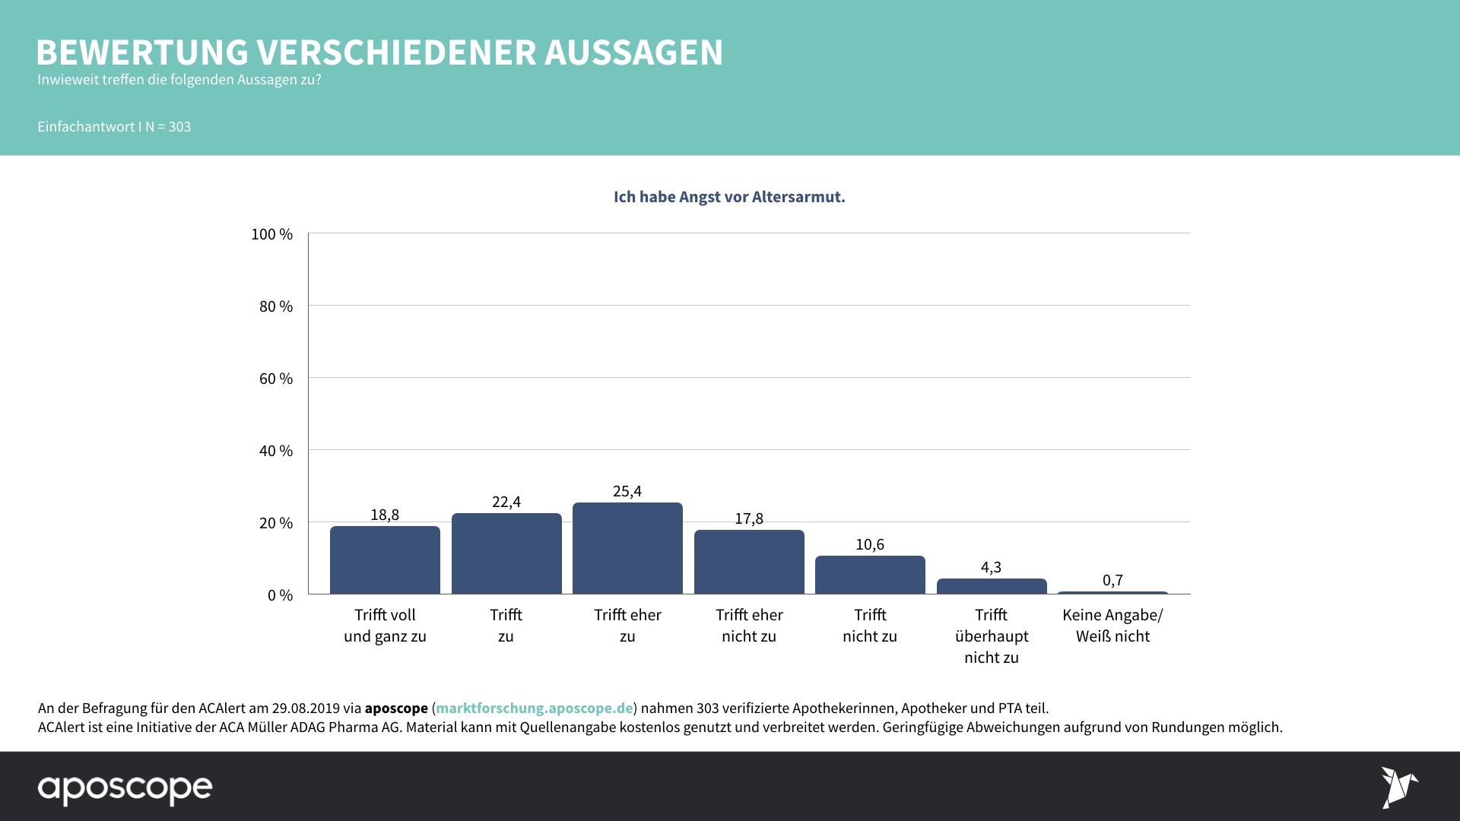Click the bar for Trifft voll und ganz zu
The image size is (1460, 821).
(x=385, y=560)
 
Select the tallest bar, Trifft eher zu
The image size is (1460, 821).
(x=627, y=548)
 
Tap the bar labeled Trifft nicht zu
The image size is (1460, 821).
(x=870, y=575)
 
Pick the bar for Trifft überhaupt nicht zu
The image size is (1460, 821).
(x=992, y=586)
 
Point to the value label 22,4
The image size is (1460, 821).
(x=506, y=502)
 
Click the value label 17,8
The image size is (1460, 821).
(x=749, y=518)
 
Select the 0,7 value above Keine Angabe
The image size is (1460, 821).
(x=1112, y=580)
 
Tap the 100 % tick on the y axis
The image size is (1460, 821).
(x=272, y=234)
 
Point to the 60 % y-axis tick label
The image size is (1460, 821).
(x=276, y=379)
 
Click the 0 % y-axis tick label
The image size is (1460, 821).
(x=280, y=595)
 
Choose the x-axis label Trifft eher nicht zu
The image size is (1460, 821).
(x=749, y=625)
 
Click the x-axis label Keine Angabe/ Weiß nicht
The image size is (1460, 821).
(x=1112, y=625)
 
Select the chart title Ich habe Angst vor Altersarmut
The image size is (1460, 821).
(x=729, y=197)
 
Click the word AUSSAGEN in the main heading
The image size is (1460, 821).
(x=633, y=53)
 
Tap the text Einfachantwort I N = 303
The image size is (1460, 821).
(x=114, y=127)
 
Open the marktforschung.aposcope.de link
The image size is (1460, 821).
(x=534, y=708)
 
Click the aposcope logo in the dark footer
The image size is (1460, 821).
(x=125, y=789)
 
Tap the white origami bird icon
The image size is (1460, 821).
(x=1399, y=787)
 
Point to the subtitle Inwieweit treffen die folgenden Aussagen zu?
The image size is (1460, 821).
(x=179, y=80)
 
